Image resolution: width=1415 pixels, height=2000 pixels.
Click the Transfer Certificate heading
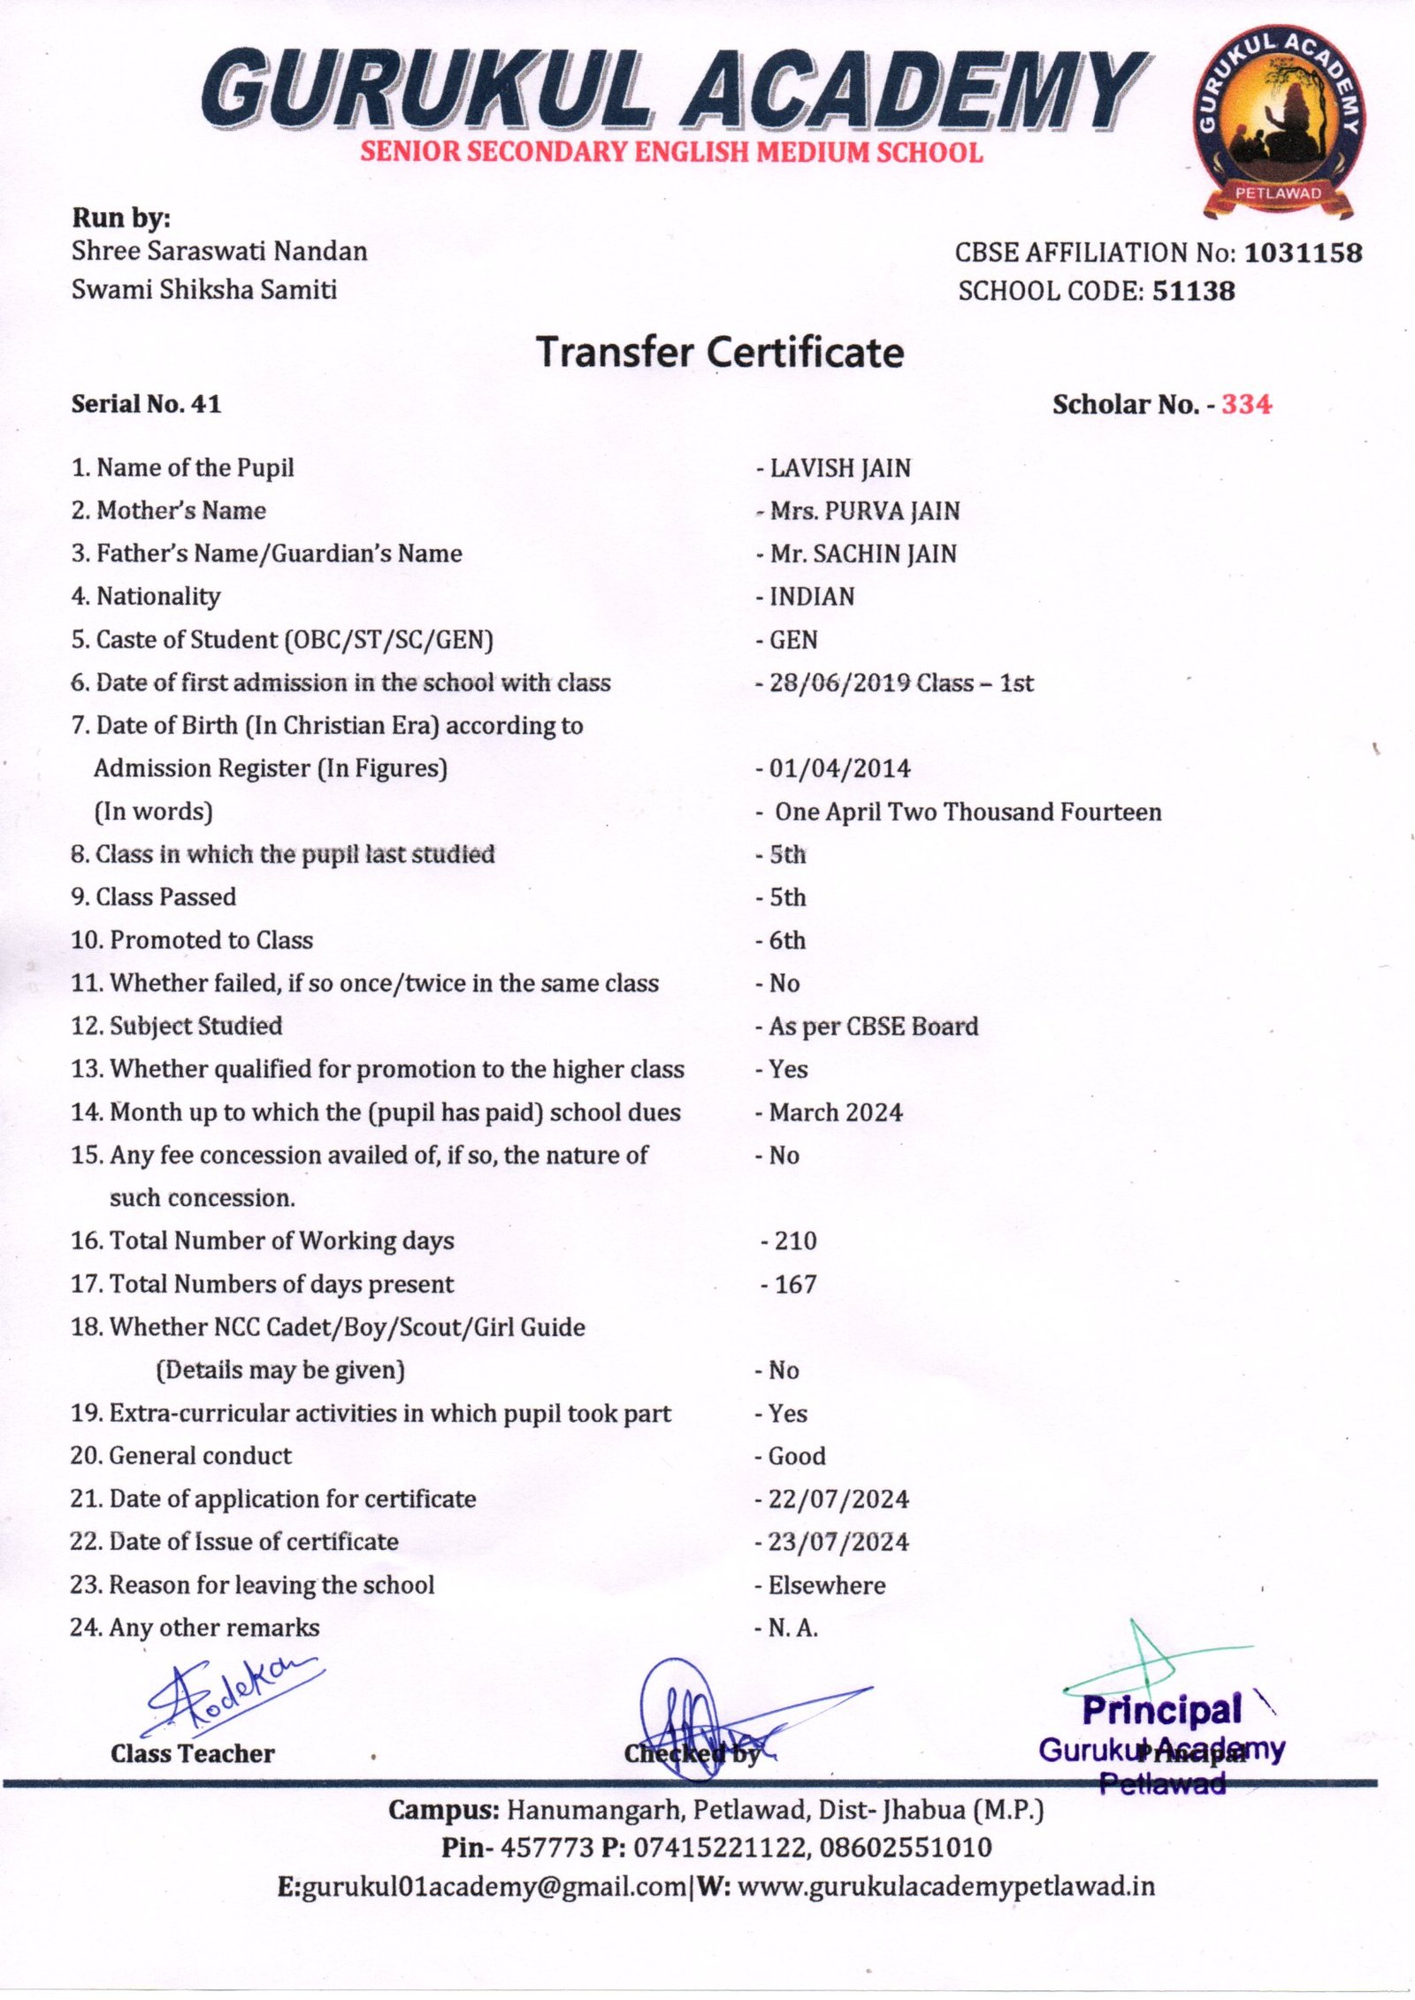click(x=720, y=352)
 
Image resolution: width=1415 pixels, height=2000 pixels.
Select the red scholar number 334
click(x=1246, y=405)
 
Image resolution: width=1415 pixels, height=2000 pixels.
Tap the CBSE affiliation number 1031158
click(x=1303, y=253)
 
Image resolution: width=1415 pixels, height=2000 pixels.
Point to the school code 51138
click(x=1193, y=291)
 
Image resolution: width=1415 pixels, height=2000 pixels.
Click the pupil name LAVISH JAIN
click(x=839, y=468)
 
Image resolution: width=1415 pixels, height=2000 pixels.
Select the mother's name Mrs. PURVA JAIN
click(x=864, y=511)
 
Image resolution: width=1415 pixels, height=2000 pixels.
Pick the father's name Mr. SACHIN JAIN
click(x=862, y=553)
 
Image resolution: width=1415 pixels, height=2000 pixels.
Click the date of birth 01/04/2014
click(x=838, y=768)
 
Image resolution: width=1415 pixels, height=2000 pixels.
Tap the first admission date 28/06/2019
click(x=838, y=683)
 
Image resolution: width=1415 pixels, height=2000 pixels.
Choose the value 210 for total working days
click(x=794, y=1240)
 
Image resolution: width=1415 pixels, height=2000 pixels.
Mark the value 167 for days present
click(x=794, y=1284)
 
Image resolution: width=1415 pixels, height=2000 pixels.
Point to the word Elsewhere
click(x=826, y=1585)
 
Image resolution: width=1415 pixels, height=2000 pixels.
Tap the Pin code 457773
click(x=546, y=1848)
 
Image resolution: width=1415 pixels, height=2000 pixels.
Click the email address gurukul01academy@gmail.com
click(x=493, y=1887)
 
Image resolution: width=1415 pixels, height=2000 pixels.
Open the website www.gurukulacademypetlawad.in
click(x=945, y=1887)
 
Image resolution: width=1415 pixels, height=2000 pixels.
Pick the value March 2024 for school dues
click(x=835, y=1112)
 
